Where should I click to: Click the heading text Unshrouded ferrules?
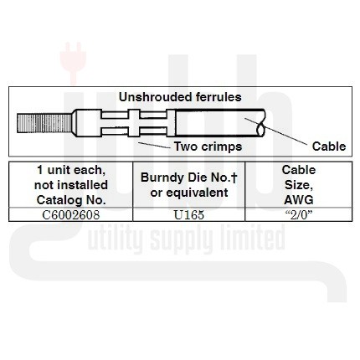click(180, 97)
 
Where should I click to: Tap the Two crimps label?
click(208, 147)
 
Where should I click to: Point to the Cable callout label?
click(329, 147)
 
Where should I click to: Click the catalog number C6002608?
click(71, 215)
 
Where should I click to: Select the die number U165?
click(189, 215)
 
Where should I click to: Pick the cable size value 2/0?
click(299, 215)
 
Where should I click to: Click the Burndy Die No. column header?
click(189, 185)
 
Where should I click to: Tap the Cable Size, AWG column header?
click(299, 185)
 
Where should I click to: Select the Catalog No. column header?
click(71, 185)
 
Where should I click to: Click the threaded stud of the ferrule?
click(44, 123)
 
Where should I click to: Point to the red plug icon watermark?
click(73, 63)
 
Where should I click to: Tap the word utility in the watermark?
click(115, 239)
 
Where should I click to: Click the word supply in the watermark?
click(182, 239)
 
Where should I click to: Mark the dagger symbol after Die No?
click(234, 177)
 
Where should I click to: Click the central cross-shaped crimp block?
click(134, 123)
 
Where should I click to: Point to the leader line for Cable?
click(275, 131)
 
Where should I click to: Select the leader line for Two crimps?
click(154, 145)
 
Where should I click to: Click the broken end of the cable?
click(260, 123)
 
